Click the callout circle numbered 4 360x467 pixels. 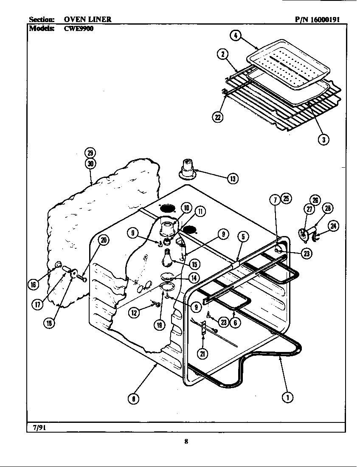click(234, 36)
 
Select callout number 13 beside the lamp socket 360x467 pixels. click(232, 179)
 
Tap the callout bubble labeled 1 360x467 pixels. click(288, 397)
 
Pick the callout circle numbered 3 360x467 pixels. click(324, 140)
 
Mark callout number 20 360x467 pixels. click(103, 240)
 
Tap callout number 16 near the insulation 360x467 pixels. click(33, 284)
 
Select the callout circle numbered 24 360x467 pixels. click(334, 226)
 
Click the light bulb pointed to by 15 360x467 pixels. click(168, 256)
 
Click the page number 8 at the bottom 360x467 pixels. click(186, 441)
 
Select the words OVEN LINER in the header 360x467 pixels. click(88, 19)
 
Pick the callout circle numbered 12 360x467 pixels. click(134, 312)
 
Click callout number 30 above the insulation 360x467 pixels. click(90, 164)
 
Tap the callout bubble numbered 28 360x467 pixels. click(327, 208)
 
